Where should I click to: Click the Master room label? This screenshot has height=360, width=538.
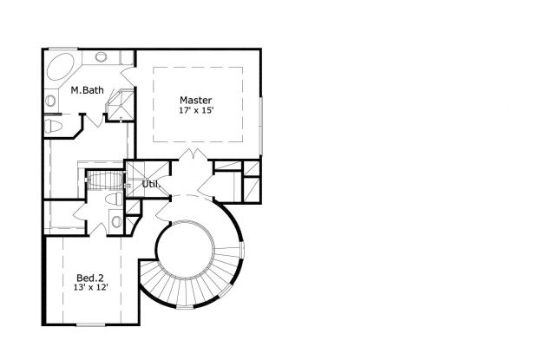click(x=195, y=100)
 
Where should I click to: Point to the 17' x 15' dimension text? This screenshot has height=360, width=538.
click(x=196, y=110)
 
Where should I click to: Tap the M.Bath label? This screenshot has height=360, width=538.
click(x=87, y=90)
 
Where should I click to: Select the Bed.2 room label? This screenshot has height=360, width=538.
click(x=90, y=278)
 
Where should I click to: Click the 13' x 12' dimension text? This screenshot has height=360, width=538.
click(x=91, y=287)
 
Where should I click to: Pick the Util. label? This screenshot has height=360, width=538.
click(x=151, y=184)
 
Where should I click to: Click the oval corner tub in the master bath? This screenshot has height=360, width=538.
click(x=61, y=67)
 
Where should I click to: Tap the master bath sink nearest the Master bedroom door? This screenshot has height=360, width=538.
click(x=101, y=56)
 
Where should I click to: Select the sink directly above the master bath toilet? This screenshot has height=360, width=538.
click(x=50, y=101)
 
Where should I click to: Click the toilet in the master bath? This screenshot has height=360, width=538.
click(x=53, y=126)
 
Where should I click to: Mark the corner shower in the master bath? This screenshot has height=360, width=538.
click(x=120, y=104)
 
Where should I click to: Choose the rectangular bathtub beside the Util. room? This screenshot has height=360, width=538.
click(x=105, y=180)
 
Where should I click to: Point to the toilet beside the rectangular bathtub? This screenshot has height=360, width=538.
click(x=115, y=200)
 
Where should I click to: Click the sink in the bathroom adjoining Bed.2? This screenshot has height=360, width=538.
click(x=116, y=221)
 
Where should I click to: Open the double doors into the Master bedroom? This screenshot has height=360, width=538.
click(x=193, y=155)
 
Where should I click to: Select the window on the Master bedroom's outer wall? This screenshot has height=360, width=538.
click(x=261, y=126)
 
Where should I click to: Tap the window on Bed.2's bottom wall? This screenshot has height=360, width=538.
click(x=90, y=324)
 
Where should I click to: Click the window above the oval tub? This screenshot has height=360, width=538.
click(x=62, y=49)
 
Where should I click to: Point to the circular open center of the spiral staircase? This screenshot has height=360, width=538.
click(x=186, y=247)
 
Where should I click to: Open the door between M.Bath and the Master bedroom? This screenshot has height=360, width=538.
click(x=128, y=76)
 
